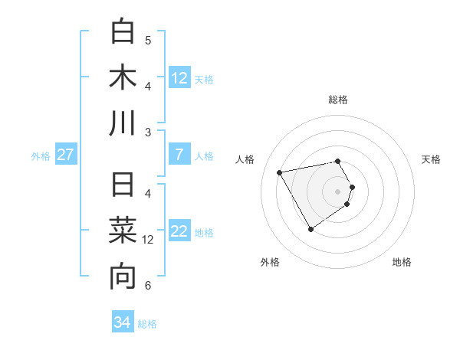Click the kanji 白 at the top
pos(123,31)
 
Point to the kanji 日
pos(123,186)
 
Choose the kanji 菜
pos(123,231)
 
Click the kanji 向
pos(123,277)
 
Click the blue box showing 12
pos(179,77)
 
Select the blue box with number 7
pos(179,155)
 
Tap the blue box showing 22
pos(179,232)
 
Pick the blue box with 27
pos(65,155)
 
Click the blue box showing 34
pos(122,322)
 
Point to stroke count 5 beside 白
pos(148,40)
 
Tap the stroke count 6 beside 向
pos(148,286)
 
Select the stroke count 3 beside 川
pos(148,132)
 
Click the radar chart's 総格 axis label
pos(338,100)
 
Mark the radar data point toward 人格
pos(279,172)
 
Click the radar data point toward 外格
pos(310,229)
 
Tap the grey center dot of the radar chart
pos(338,191)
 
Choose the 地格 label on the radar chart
pos(402,262)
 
